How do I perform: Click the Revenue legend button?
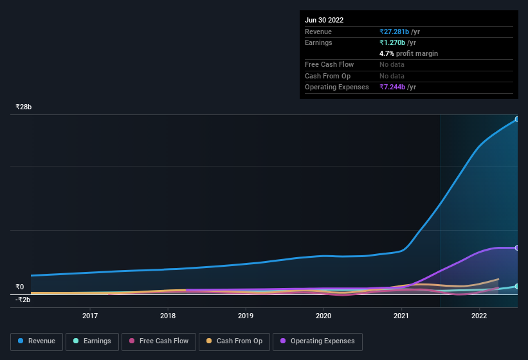[37, 341]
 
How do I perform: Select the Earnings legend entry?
[93, 341]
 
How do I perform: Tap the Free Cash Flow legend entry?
[159, 341]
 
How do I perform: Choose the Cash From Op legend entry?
[234, 341]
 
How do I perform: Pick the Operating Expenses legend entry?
[317, 341]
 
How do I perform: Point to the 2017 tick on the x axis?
[90, 316]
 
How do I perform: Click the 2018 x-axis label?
[168, 316]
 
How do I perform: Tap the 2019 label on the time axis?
[246, 316]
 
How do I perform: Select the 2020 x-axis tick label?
[323, 316]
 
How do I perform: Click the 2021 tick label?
[401, 316]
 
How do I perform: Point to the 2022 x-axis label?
[479, 316]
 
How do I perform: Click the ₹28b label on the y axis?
[24, 107]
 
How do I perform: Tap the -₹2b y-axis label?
[23, 300]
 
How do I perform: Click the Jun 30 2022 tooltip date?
[324, 20]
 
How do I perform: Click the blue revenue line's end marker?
[517, 119]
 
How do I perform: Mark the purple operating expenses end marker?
[517, 248]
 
